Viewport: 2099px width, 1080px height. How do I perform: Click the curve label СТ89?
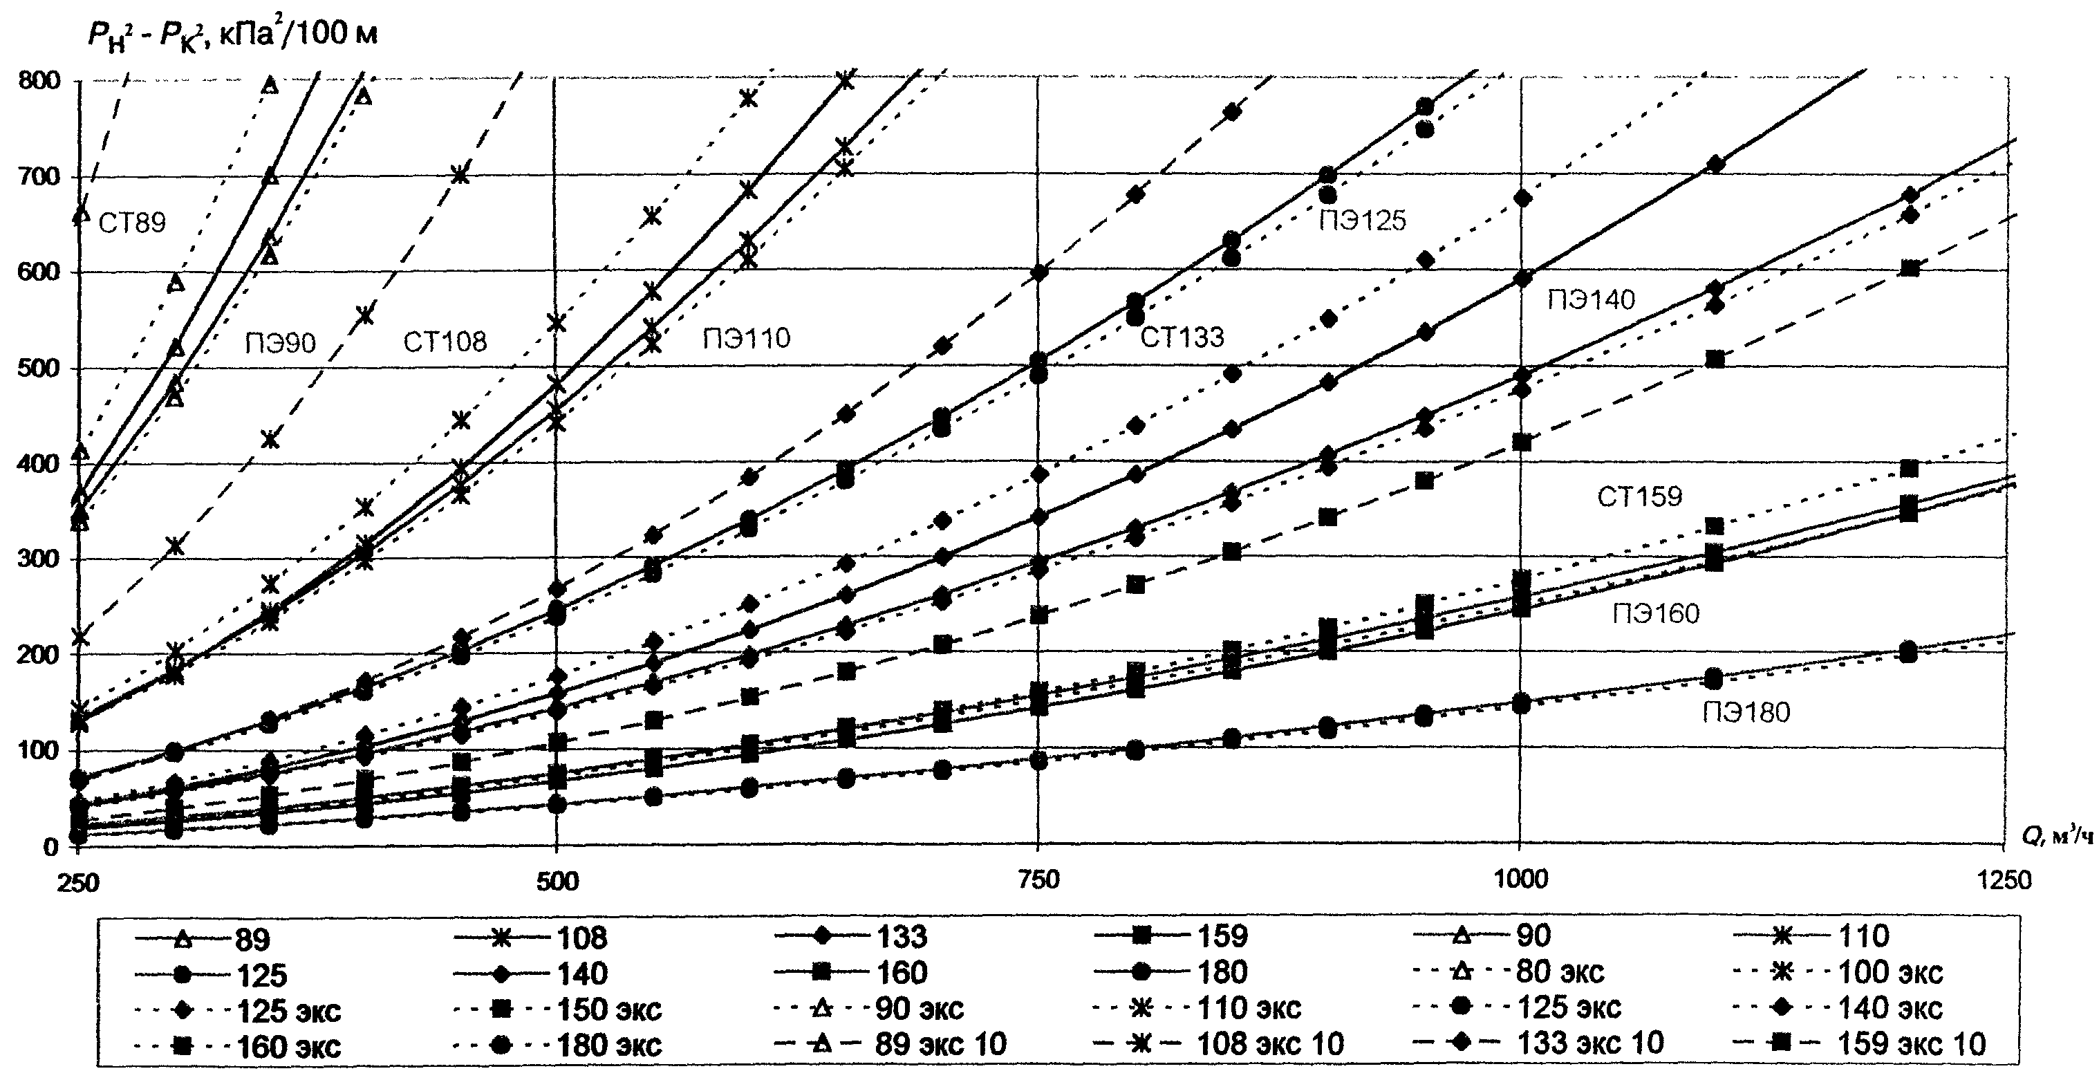[132, 223]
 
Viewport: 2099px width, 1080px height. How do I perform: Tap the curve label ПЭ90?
[279, 343]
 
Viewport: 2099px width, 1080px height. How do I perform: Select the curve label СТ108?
[445, 342]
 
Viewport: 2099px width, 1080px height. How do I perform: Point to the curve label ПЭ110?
[747, 338]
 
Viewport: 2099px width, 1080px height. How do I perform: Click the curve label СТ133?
[1182, 337]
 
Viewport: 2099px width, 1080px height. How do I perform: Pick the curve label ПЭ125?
[1363, 221]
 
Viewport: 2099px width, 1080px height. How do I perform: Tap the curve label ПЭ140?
[1592, 300]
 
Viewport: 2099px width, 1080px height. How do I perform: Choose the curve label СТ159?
[1639, 496]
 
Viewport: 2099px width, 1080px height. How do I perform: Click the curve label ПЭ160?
[1656, 613]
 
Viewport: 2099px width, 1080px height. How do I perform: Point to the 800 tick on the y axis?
[38, 81]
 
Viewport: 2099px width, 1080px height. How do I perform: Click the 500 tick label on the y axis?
[38, 369]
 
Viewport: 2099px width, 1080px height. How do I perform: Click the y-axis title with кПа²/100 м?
[233, 35]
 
